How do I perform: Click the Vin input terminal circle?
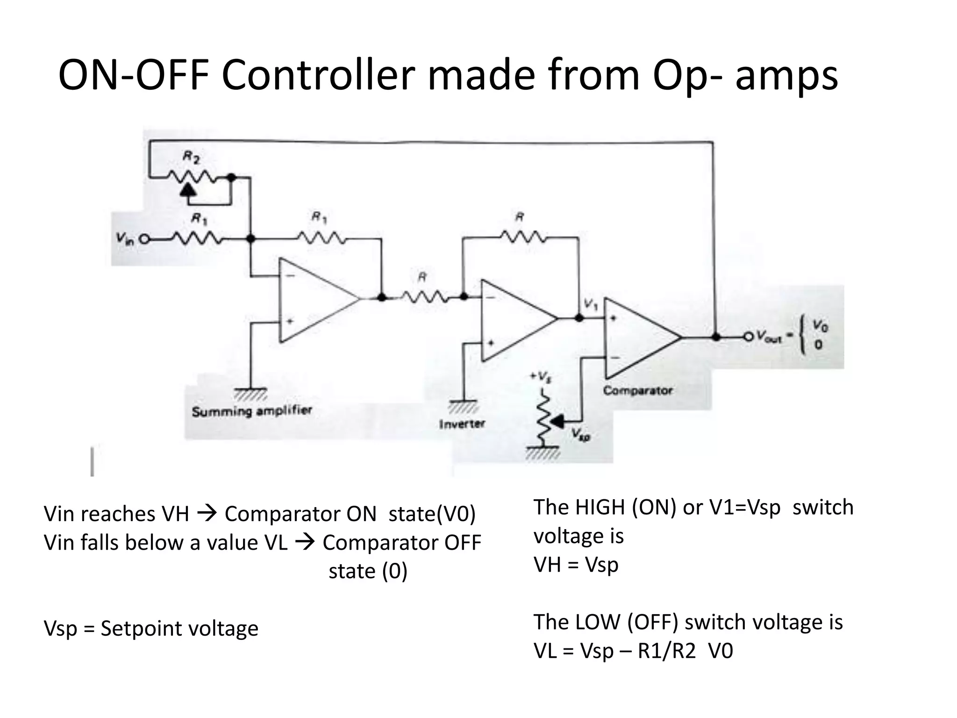pos(144,239)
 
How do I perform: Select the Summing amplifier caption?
pos(251,411)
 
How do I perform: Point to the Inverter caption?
pos(462,424)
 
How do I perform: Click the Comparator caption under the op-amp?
pos(637,390)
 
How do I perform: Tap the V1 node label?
pos(591,305)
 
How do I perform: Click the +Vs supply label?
pos(540,377)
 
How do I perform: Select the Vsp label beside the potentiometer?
pos(581,435)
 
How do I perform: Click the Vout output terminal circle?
pos(749,336)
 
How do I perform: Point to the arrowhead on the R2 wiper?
pos(188,189)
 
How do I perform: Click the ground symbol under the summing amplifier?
pos(251,394)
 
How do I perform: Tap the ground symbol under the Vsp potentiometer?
pos(543,452)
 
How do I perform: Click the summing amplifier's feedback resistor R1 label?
pos(319,217)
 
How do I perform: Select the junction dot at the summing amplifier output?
pos(382,297)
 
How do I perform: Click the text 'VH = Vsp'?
pos(576,565)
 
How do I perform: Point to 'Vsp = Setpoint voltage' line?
pos(150,628)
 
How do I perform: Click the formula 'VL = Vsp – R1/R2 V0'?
pos(633,651)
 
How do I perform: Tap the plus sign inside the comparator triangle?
pos(614,318)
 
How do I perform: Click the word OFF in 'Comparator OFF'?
pos(463,543)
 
